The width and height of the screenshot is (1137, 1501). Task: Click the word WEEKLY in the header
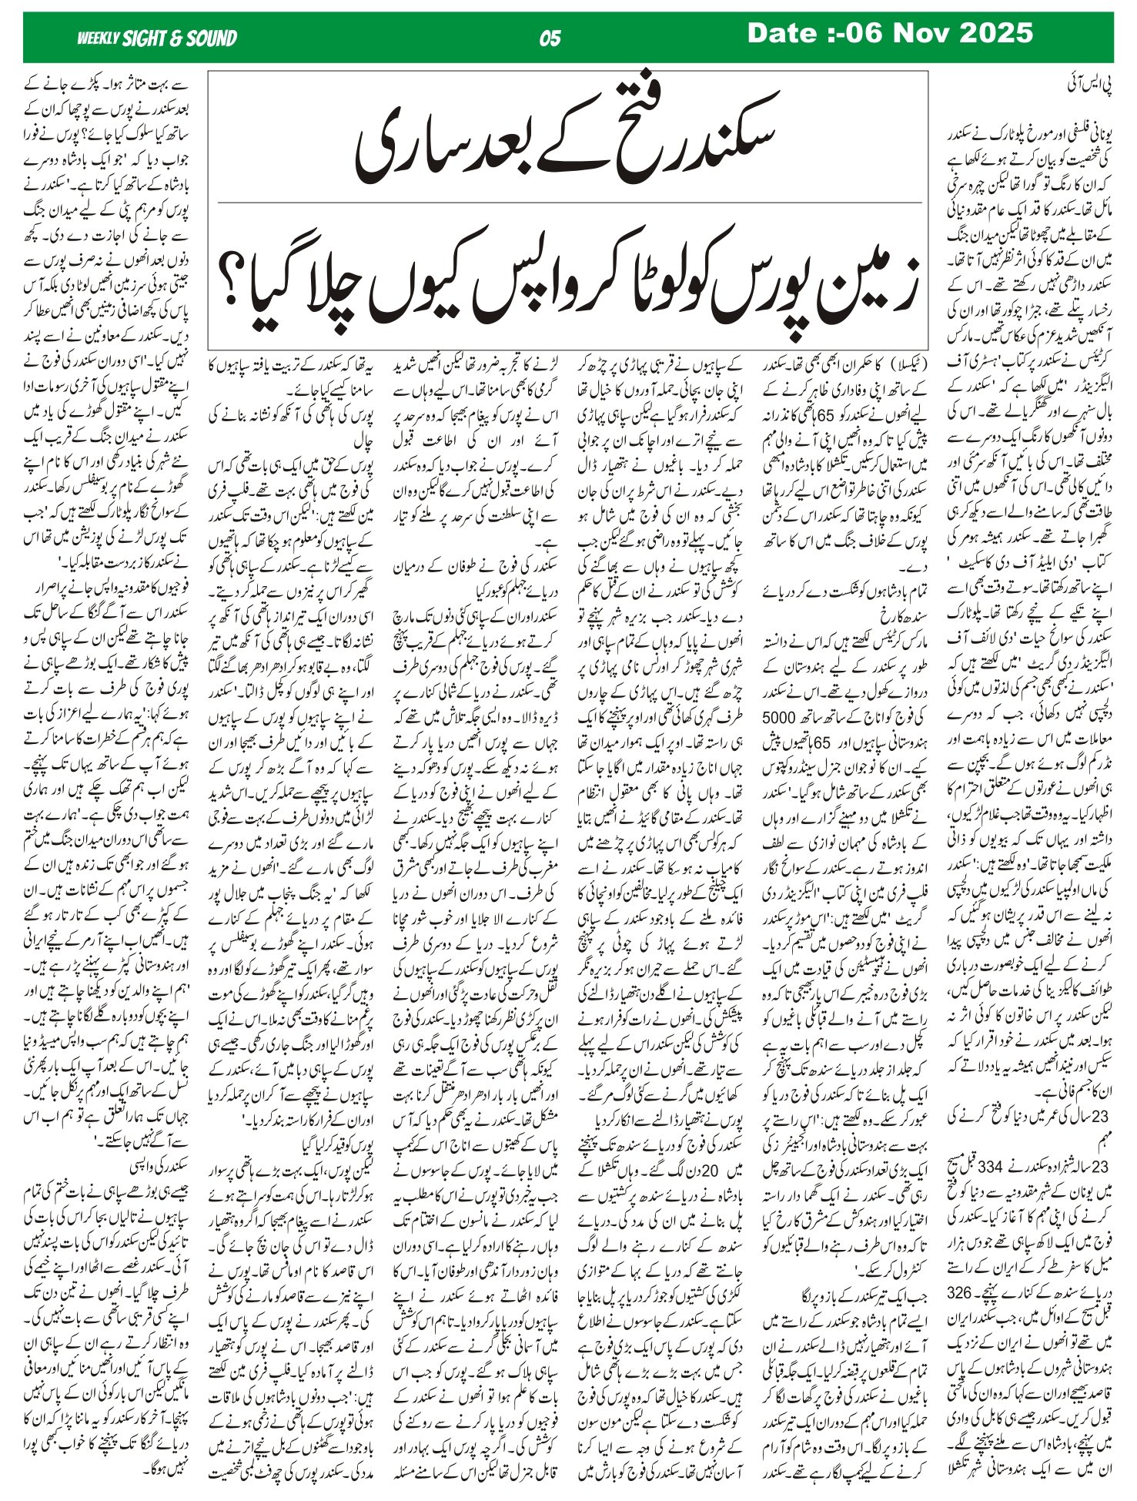[98, 39]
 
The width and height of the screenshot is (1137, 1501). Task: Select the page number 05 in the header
[550, 39]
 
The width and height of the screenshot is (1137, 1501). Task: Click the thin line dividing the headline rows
[570, 203]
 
